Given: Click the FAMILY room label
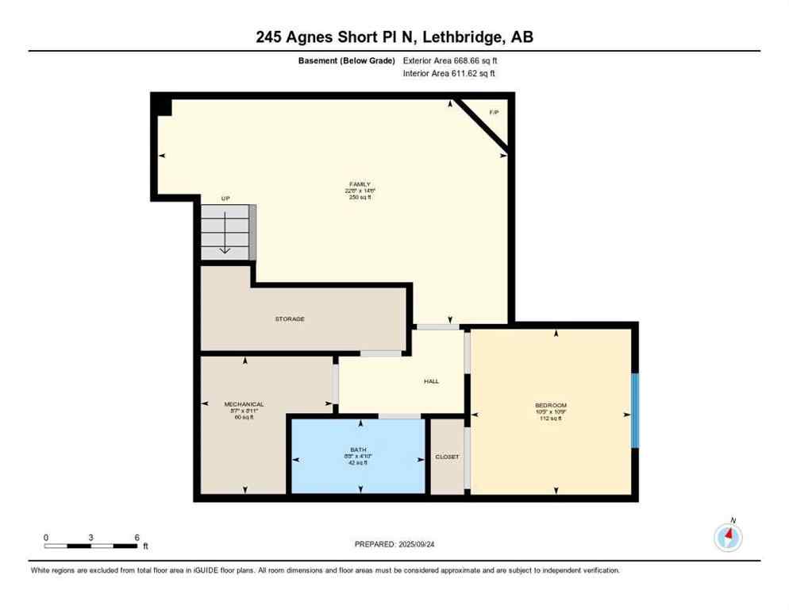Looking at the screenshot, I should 358,184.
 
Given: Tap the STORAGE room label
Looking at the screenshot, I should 290,319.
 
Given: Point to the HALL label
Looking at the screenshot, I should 431,381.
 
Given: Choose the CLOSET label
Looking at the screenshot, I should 447,457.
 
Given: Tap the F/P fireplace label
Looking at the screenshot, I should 494,113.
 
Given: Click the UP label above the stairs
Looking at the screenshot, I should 225,199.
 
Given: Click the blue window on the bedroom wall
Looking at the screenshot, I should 634,411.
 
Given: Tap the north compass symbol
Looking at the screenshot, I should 728,537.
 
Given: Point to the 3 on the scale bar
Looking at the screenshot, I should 91,538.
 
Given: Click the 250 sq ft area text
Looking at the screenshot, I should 358,197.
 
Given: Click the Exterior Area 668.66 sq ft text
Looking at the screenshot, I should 450,60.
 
